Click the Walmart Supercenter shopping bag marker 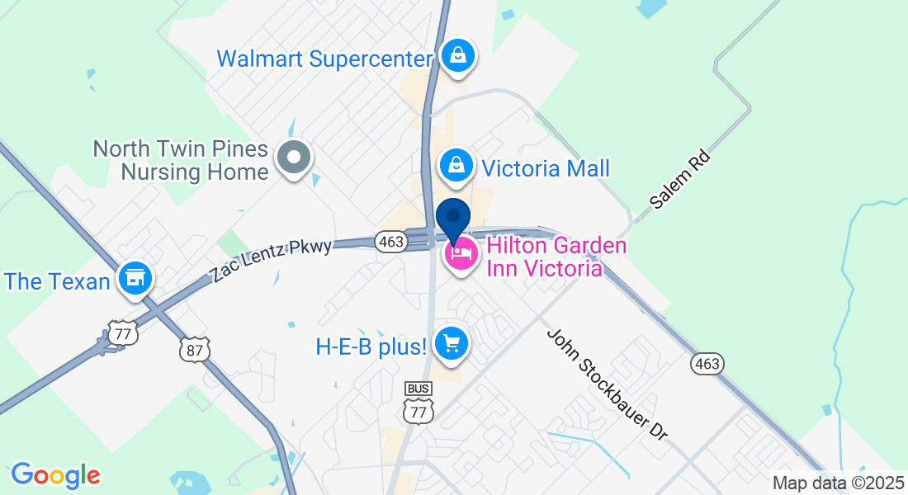click(x=456, y=56)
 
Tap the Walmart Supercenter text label click(x=324, y=59)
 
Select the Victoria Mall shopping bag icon click(x=456, y=165)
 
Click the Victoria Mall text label click(x=546, y=169)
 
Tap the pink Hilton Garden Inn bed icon click(x=461, y=253)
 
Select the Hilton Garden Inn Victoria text click(x=544, y=257)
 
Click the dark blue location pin click(x=452, y=218)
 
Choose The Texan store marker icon click(x=134, y=278)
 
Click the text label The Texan click(x=57, y=281)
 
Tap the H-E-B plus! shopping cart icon click(x=451, y=342)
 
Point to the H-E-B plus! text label click(x=371, y=346)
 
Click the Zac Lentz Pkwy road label click(x=272, y=261)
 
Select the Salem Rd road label click(x=679, y=179)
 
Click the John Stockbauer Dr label click(x=607, y=385)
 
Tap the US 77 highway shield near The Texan click(x=122, y=332)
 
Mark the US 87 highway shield click(x=196, y=350)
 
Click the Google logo click(x=55, y=475)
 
